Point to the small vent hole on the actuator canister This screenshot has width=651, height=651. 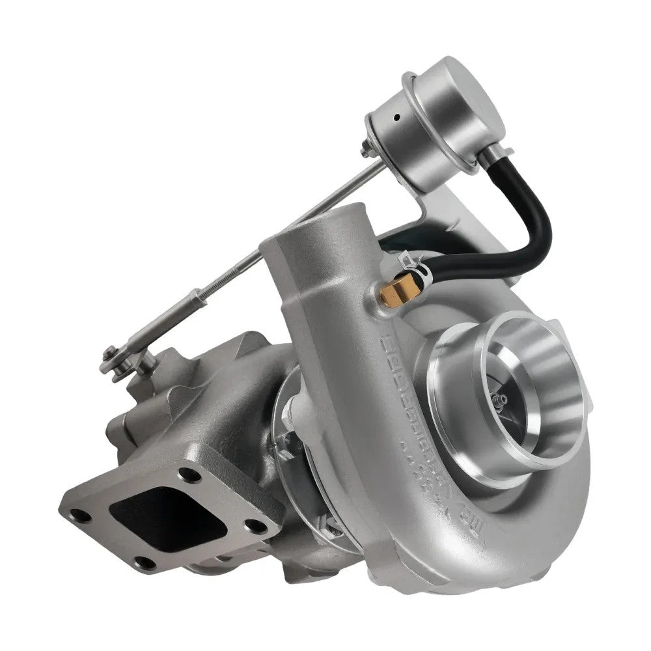coord(396,120)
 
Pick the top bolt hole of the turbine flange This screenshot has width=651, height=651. coord(189,474)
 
